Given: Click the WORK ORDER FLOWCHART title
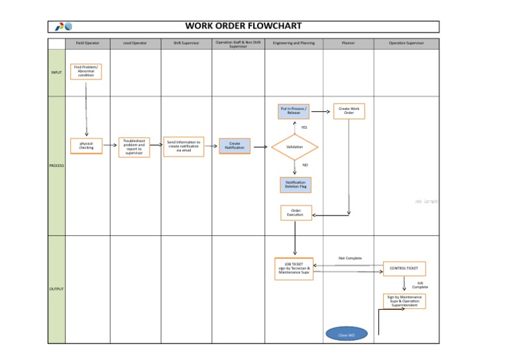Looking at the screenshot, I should [x=243, y=26].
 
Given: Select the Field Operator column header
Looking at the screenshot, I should [x=87, y=44].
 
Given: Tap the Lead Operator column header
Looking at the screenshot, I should [x=135, y=44].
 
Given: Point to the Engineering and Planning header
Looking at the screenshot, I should [x=298, y=44].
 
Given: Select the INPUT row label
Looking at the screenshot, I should [x=57, y=72].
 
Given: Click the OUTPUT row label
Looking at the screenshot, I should [x=57, y=289].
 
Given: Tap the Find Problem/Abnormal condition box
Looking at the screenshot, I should [x=86, y=72].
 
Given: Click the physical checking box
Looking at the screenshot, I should [x=87, y=145].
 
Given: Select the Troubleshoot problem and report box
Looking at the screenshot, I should [x=134, y=147].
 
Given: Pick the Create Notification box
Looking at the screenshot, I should [x=235, y=145].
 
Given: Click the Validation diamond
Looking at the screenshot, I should [x=294, y=147].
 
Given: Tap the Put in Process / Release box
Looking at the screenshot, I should [x=294, y=111].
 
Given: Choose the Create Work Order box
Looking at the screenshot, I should [x=349, y=111].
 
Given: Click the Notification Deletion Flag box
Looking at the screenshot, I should [x=296, y=185].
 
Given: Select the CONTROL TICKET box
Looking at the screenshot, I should [x=404, y=269].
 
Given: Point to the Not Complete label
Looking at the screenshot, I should [x=350, y=258].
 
